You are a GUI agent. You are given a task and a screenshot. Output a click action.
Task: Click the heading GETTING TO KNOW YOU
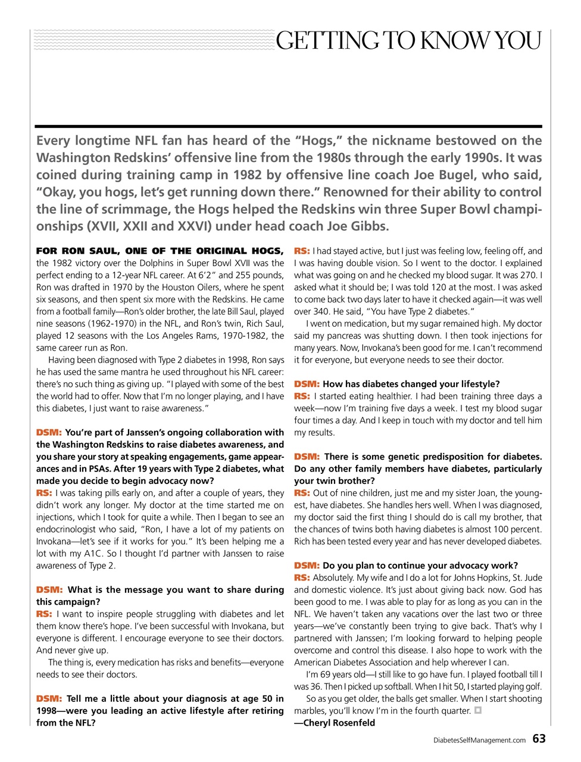pos(408,40)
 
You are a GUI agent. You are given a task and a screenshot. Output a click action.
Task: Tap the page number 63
pos(539,739)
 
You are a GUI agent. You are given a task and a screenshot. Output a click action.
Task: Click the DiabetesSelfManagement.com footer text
pos(479,740)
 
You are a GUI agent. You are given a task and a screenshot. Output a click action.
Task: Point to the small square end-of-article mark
pos(477,710)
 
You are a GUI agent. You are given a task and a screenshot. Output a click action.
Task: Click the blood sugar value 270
pos(529,275)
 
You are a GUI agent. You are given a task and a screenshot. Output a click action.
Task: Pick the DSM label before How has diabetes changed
pos(307,384)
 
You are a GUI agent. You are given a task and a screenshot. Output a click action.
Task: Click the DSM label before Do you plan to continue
pos(307,566)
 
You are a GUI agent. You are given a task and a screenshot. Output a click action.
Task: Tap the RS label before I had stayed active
pos(302,251)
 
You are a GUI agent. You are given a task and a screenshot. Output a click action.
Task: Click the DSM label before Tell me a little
pos(49,698)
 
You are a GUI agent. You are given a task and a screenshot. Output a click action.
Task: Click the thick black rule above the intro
pos(288,126)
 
